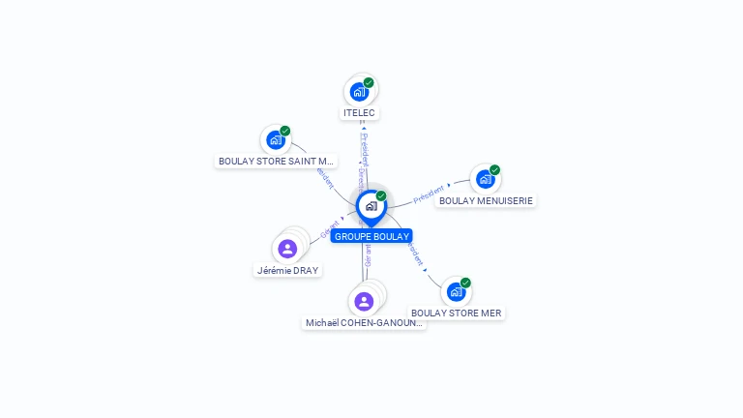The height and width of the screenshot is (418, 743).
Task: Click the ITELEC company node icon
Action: tap(359, 92)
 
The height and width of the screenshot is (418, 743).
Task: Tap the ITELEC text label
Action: tap(359, 113)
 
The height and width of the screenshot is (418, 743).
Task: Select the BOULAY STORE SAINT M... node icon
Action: tap(276, 139)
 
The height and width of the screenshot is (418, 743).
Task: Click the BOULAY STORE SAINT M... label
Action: tap(276, 162)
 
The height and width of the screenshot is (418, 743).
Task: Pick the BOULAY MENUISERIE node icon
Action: tap(485, 179)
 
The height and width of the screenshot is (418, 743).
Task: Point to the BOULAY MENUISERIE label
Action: tap(486, 200)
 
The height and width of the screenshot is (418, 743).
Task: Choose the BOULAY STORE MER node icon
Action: tap(456, 291)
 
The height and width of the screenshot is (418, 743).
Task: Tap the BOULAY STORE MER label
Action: tap(457, 313)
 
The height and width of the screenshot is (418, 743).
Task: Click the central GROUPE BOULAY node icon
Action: tap(371, 205)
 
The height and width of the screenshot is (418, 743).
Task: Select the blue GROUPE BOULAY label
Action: tap(371, 236)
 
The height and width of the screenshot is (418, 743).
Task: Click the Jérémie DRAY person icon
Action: tap(287, 249)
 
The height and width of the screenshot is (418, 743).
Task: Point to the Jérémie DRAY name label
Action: tap(287, 271)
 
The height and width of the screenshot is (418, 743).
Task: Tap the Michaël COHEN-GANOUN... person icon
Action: tap(364, 302)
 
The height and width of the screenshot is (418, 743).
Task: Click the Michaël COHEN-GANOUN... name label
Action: tap(364, 323)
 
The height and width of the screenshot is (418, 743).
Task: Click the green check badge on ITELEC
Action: tap(369, 82)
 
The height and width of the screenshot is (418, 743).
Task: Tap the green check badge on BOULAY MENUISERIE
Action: tap(494, 170)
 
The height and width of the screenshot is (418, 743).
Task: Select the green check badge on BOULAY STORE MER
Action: tap(465, 283)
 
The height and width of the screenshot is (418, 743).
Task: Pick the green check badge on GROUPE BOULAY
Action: tap(381, 195)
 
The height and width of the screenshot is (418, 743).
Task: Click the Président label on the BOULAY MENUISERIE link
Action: tap(429, 194)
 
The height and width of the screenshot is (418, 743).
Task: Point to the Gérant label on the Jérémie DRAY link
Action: tap(329, 229)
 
